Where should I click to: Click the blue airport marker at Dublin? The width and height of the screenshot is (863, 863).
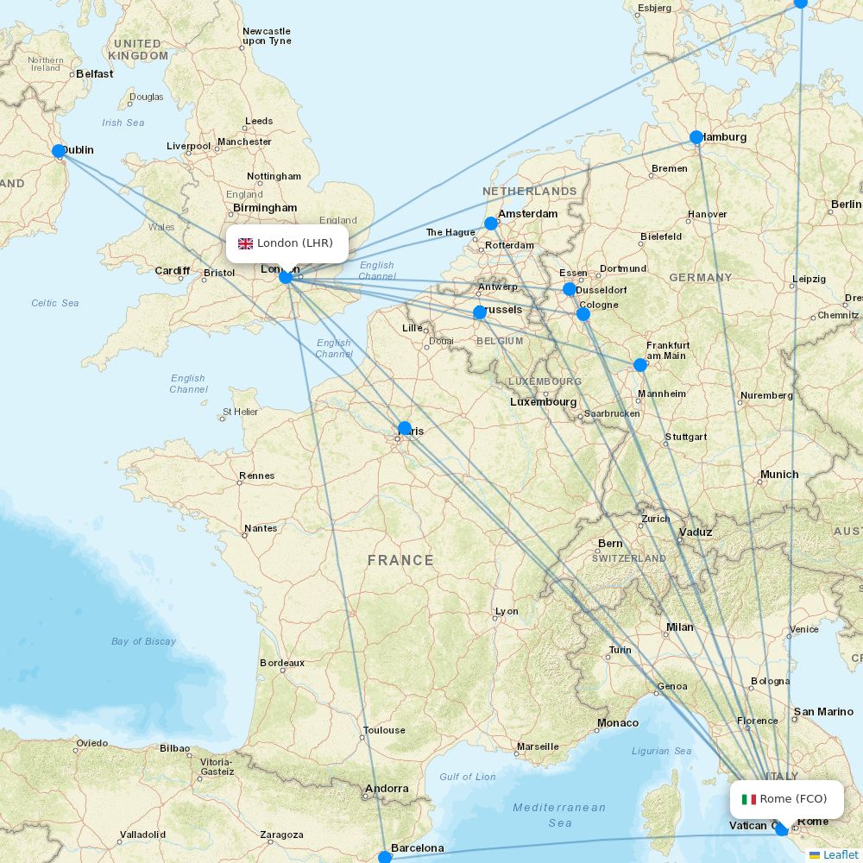[x=59, y=151]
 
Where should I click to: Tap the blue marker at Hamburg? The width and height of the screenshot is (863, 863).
[x=696, y=137]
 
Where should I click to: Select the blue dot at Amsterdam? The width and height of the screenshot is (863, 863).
[x=491, y=224]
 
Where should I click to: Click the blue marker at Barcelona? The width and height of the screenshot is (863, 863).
[x=385, y=857]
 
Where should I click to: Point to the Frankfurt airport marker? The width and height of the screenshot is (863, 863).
[x=640, y=365]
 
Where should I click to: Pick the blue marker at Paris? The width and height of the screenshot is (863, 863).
[x=405, y=428]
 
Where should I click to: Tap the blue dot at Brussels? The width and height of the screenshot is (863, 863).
[x=480, y=312]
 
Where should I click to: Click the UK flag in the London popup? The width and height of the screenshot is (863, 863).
[x=246, y=243]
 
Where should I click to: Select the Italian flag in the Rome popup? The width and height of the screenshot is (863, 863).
[x=749, y=799]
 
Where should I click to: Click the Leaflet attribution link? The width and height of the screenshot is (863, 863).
[x=840, y=854]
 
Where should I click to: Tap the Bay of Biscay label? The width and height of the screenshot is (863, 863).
[x=143, y=641]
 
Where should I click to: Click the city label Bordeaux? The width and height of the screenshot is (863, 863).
[x=282, y=663]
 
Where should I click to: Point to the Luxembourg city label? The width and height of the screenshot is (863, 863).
[x=543, y=402]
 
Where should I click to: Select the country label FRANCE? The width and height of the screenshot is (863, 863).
[x=400, y=560]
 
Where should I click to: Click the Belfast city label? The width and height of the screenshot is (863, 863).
[x=94, y=74]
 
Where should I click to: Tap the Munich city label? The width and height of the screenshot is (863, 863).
[x=779, y=475]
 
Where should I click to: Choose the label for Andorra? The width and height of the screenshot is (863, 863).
[x=387, y=788]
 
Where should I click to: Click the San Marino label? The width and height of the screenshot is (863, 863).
[x=823, y=712]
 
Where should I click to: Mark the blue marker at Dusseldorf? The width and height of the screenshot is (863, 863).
[x=570, y=289]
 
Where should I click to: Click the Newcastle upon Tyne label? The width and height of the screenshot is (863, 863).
[x=267, y=36]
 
